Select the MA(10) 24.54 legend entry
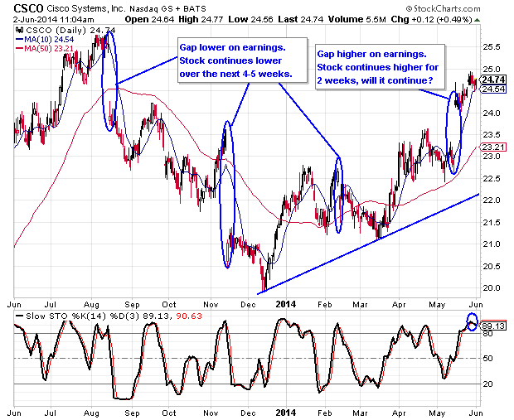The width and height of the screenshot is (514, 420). pos(45,37)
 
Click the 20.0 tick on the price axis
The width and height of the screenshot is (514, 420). pos(492,287)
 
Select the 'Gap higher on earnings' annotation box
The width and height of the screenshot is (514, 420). pos(377,66)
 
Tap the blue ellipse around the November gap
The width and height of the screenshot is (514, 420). pos(226,195)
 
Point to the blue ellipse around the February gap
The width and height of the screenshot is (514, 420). pos(338,194)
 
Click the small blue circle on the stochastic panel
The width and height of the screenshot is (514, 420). pos(472,322)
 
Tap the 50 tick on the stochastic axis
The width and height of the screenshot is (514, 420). pos(489,358)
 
